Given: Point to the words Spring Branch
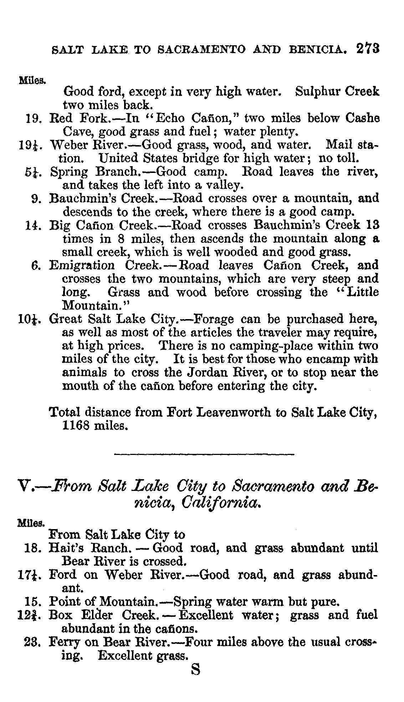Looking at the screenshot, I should (x=94, y=172).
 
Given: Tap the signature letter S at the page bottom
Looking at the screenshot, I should (x=196, y=670).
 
